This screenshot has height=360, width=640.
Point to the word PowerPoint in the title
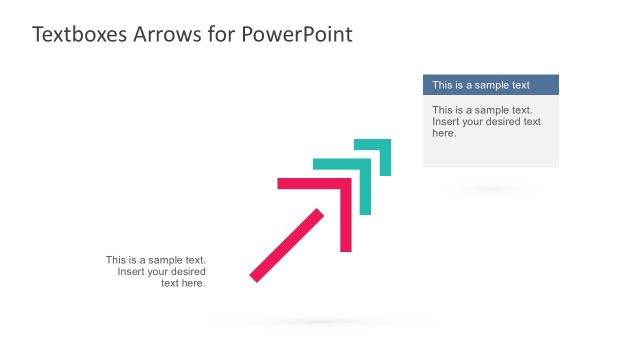pyautogui.click(x=298, y=34)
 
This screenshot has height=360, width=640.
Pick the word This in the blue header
pyautogui.click(x=443, y=85)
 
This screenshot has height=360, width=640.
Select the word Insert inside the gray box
pyautogui.click(x=446, y=122)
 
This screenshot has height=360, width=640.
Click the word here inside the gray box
pyautogui.click(x=444, y=133)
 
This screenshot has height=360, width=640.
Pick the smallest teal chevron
pyautogui.click(x=384, y=145)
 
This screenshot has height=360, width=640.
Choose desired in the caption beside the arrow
pyautogui.click(x=186, y=272)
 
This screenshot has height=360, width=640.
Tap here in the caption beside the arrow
pyautogui.click(x=193, y=283)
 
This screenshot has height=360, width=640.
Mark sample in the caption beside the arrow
pyautogui.click(x=165, y=260)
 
